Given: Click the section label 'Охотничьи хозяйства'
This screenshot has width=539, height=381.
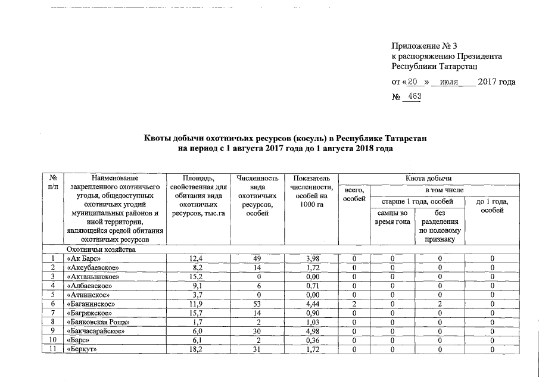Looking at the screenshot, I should pyautogui.click(x=101, y=249).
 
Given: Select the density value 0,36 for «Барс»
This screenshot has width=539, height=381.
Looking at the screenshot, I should pyautogui.click(x=311, y=341).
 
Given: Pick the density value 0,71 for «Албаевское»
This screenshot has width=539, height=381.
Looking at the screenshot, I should pyautogui.click(x=311, y=286).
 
